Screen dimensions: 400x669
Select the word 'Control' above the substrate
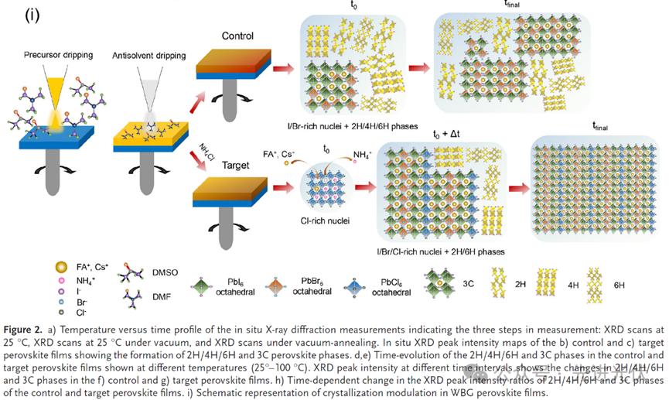click(x=237, y=36)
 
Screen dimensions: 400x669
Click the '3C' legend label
click(x=469, y=283)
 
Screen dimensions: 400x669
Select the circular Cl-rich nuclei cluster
click(x=323, y=186)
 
